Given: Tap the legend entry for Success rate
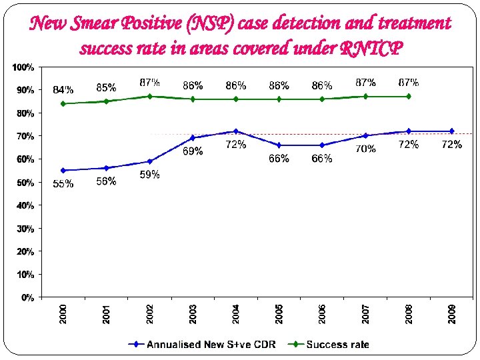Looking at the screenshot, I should point(337,344).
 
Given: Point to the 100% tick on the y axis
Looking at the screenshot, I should point(24,67).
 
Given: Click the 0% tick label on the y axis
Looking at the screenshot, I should point(27,297).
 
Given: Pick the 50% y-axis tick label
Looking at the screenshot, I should point(25,183).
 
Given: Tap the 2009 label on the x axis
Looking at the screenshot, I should point(451,314).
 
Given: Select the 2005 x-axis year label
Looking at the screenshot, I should point(279,314).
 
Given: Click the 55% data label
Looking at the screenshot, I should point(63,185).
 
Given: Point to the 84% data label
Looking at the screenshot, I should point(63,90).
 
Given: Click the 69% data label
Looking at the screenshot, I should point(193,151).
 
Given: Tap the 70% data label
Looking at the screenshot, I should point(365,149).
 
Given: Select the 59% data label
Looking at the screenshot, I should point(149,175).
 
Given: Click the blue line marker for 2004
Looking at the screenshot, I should point(236,131).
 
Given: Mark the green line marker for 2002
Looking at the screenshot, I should point(150,96).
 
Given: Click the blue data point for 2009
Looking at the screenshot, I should point(451,131).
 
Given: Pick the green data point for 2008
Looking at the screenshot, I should point(409,96).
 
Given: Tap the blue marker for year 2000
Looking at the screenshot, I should point(63,170).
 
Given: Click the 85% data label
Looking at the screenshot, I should point(106,87).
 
